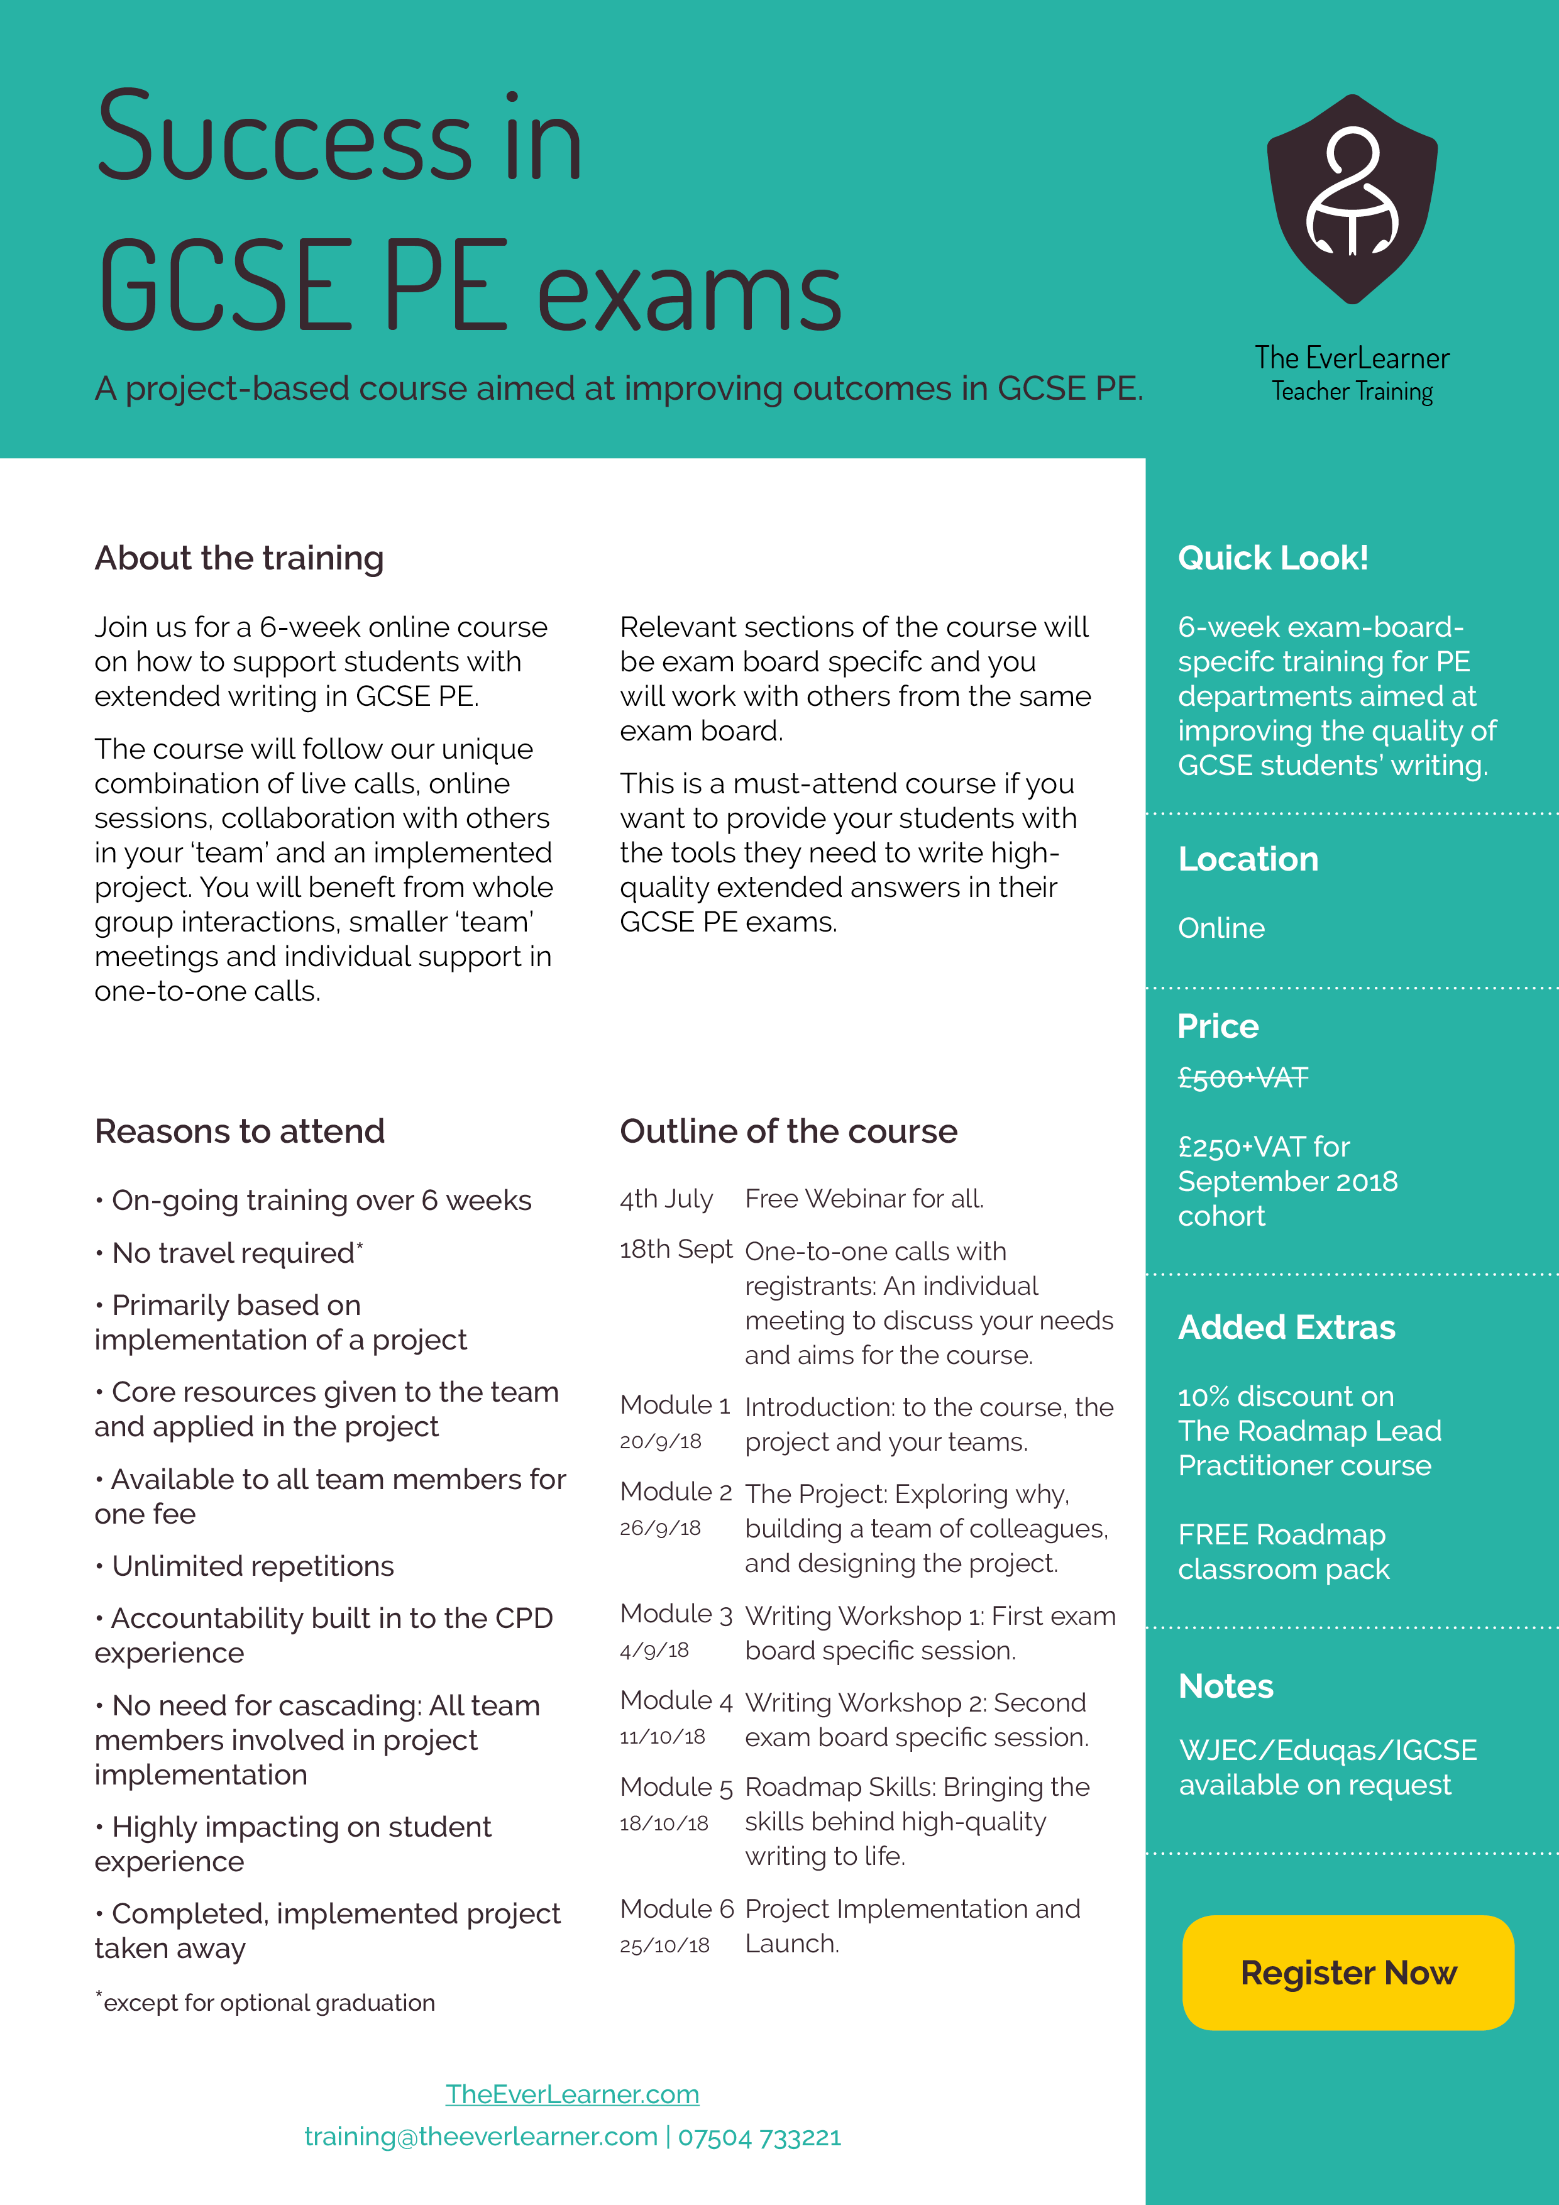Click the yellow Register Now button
click(1348, 1972)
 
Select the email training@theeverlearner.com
click(480, 2137)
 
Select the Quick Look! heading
click(1273, 558)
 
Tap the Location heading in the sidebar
click(1248, 859)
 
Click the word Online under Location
click(1221, 928)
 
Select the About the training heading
click(239, 558)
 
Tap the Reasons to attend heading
click(239, 1131)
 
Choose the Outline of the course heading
click(788, 1131)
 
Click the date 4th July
click(666, 1199)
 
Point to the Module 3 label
click(675, 1614)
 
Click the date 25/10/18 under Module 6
click(664, 1945)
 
